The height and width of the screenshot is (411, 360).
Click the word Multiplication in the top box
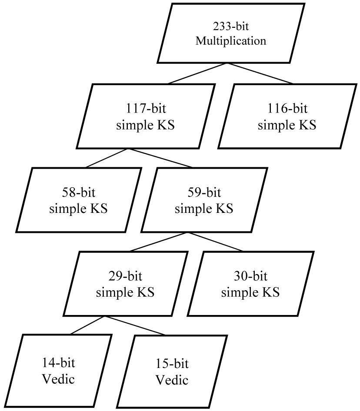231,41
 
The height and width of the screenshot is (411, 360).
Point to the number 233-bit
231,27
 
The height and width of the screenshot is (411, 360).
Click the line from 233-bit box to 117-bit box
197,73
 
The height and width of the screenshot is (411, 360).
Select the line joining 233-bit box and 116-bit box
260,73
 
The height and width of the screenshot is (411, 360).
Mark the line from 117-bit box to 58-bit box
107,158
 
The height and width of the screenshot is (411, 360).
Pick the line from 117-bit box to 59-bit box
160,158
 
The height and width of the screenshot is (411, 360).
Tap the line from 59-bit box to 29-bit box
159,242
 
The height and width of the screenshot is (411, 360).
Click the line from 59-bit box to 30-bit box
215,242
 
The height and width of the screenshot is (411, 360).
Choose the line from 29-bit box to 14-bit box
88,325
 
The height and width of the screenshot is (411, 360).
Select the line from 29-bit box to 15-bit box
135,325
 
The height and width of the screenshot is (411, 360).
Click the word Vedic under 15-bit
172,380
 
